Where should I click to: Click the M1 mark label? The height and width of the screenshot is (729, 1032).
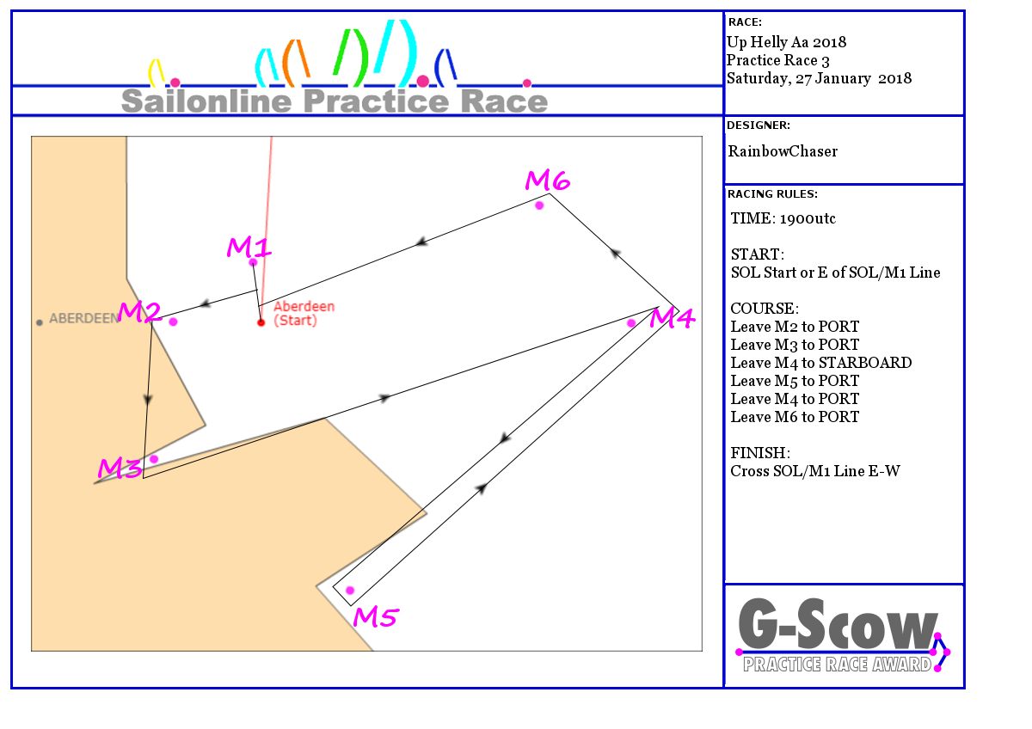point(249,248)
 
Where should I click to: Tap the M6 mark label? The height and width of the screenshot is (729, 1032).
point(548,180)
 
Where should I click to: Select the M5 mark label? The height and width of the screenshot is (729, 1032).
point(376,617)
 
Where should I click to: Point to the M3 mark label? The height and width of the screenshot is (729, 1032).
point(120,469)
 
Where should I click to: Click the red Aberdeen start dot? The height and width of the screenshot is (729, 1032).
point(261,322)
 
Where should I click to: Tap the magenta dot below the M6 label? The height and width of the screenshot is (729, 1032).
point(539,205)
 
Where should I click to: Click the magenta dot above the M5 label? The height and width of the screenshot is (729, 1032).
point(350,591)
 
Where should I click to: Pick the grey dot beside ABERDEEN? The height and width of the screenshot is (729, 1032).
point(40,323)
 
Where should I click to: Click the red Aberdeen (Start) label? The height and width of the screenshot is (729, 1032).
point(304,313)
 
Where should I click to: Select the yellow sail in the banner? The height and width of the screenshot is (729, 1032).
point(157,73)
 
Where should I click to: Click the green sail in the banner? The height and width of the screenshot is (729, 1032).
point(351,58)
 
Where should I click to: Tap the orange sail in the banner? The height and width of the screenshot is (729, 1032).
point(296,64)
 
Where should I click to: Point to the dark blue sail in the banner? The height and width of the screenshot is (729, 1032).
point(445,68)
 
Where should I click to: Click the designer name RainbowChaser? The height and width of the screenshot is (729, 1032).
point(783,151)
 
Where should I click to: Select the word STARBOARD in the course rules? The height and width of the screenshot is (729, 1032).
point(867,363)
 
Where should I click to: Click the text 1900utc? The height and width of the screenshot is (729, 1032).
point(808,218)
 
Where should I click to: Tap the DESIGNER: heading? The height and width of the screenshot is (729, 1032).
point(759,126)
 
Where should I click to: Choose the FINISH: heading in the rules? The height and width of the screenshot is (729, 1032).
point(760,453)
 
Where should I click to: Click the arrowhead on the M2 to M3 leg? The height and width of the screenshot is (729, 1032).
point(148,399)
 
